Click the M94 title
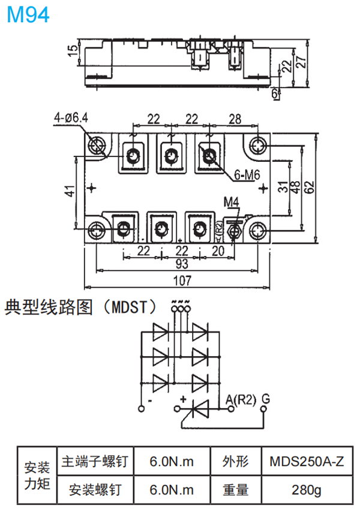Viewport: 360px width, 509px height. (28, 15)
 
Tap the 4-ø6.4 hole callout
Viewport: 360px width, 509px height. (70, 118)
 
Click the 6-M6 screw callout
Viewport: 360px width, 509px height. (247, 174)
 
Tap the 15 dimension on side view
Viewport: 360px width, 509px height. (73, 51)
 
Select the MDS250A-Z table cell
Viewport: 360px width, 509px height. (307, 462)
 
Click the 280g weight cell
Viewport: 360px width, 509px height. (307, 490)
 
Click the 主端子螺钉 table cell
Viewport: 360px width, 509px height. (94, 462)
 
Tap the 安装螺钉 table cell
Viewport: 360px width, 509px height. (94, 490)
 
